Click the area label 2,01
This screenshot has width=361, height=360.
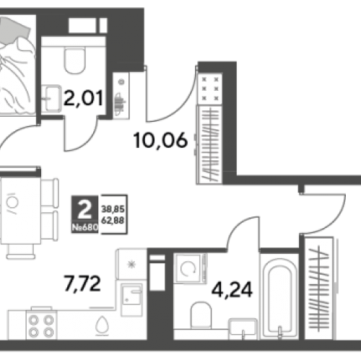pyautogui.click(x=84, y=98)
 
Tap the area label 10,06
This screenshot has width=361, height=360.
pyautogui.click(x=160, y=141)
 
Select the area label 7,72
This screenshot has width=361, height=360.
pyautogui.click(x=82, y=284)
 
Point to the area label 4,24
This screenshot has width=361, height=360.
pyautogui.click(x=232, y=290)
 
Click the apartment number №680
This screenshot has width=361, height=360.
pyautogui.click(x=85, y=227)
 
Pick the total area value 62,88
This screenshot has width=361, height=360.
pyautogui.click(x=113, y=221)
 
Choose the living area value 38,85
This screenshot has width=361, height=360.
pyautogui.click(x=113, y=209)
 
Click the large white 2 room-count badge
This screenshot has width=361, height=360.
pyautogui.click(x=85, y=210)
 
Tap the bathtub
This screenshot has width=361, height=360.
pyautogui.click(x=279, y=297)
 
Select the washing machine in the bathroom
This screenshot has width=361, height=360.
pyautogui.click(x=190, y=268)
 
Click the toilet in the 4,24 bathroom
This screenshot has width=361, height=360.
pyautogui.click(x=201, y=315)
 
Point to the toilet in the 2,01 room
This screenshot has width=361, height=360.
pyautogui.click(x=74, y=60)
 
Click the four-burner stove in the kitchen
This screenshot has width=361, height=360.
pyautogui.click(x=41, y=325)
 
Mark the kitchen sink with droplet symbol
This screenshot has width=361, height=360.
pyautogui.click(x=103, y=325)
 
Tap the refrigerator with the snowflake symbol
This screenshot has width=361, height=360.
pyautogui.click(x=132, y=264)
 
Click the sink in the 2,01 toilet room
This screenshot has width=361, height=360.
pyautogui.click(x=51, y=99)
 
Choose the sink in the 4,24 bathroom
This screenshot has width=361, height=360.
pyautogui.click(x=243, y=329)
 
